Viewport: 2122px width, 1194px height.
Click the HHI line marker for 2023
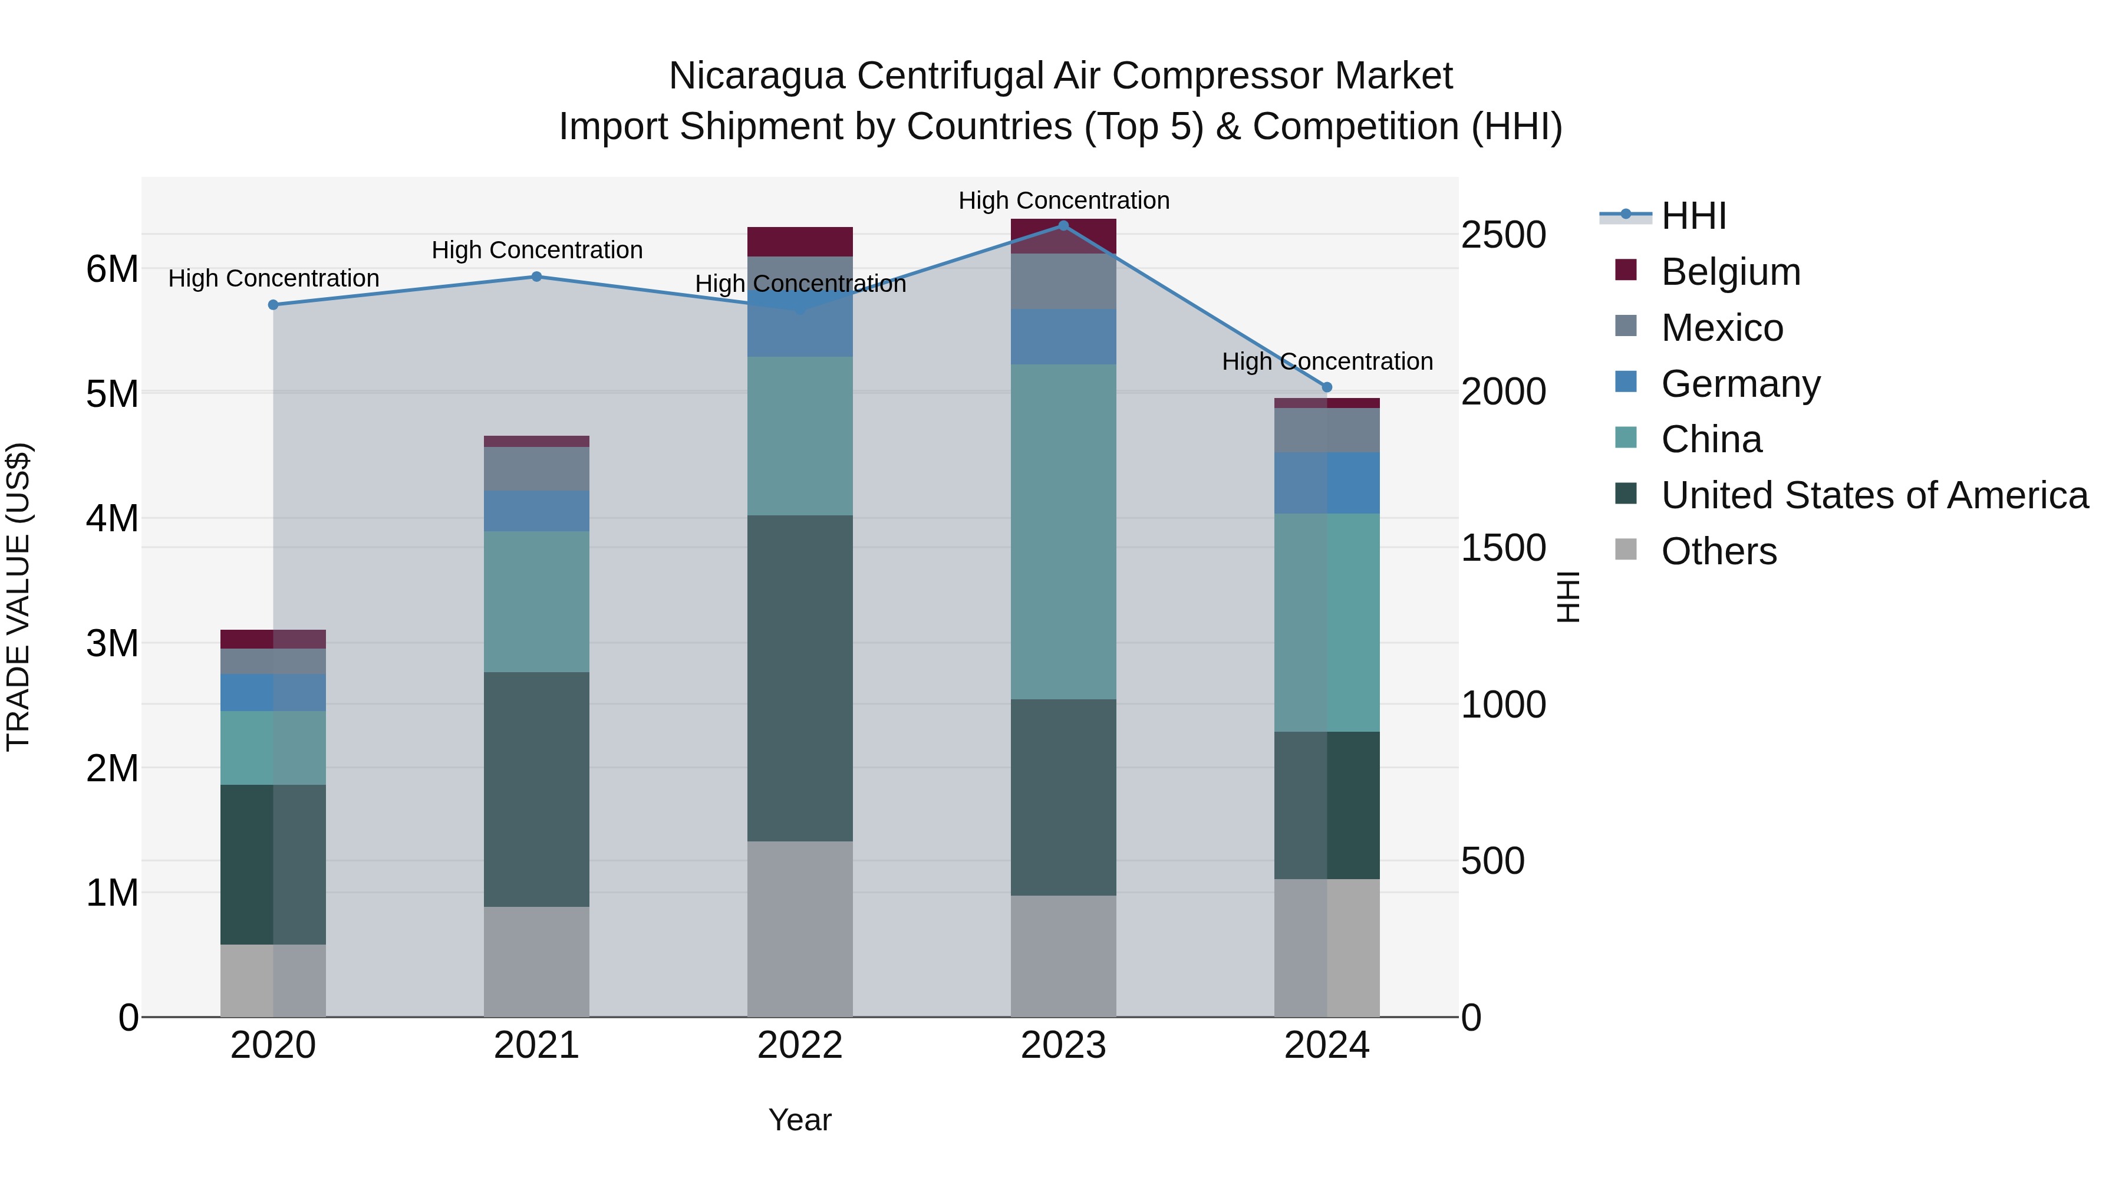point(1063,225)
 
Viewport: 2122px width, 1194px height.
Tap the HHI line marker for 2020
point(274,305)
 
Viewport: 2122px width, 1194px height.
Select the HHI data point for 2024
point(1326,387)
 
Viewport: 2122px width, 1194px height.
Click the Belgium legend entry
point(1730,272)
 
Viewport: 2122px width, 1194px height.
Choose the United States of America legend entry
point(1874,495)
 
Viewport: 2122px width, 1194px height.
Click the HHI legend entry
point(1693,216)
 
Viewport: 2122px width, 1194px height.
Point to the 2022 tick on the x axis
point(800,1045)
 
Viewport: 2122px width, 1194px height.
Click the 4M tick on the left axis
point(112,518)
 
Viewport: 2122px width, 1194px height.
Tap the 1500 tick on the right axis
point(1503,548)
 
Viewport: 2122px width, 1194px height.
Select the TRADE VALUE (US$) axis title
point(18,597)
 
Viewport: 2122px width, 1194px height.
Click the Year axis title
point(800,1120)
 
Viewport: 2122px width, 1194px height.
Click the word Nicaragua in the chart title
point(756,76)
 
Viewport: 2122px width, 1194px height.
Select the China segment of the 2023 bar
point(1063,531)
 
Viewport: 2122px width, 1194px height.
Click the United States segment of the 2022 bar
point(800,677)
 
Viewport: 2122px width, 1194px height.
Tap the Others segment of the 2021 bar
point(536,961)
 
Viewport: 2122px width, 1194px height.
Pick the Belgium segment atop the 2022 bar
point(800,241)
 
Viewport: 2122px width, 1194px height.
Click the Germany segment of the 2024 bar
point(1326,483)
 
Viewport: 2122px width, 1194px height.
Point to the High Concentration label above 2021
point(537,249)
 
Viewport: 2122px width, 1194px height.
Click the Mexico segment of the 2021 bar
point(536,469)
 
